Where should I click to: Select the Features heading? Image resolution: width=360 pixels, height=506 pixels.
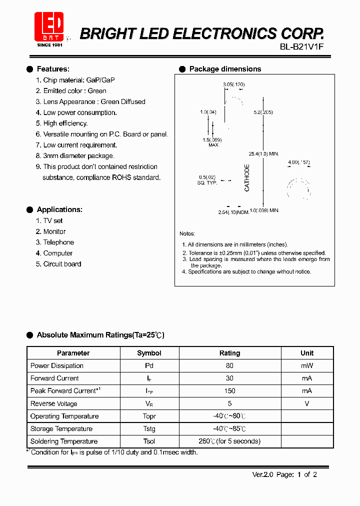click(x=53, y=69)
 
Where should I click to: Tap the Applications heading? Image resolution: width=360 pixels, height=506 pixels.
click(x=59, y=209)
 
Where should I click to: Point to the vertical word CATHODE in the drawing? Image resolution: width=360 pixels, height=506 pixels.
click(x=247, y=177)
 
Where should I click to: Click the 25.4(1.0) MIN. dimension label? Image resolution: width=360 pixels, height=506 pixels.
click(x=263, y=153)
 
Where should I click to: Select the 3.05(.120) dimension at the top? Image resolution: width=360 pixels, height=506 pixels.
click(x=233, y=85)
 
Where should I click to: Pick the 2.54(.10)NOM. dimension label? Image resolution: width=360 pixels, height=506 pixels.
click(x=233, y=212)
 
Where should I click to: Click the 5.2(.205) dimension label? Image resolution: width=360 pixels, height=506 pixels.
click(x=263, y=112)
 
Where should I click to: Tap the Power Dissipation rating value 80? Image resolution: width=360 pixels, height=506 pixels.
click(x=229, y=365)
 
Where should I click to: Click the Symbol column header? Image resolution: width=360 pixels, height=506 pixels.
click(x=149, y=353)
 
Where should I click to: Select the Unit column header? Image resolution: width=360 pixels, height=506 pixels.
click(x=307, y=353)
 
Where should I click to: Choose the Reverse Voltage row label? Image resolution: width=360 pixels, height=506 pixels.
click(x=54, y=403)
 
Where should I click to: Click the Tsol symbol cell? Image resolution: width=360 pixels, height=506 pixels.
click(x=149, y=441)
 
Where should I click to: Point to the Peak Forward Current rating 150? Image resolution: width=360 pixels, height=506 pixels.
click(x=229, y=390)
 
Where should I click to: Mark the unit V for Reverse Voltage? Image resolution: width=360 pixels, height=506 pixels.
click(x=307, y=403)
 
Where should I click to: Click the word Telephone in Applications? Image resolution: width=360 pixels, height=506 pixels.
click(x=58, y=242)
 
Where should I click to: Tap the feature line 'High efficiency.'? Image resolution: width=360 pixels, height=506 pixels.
click(x=65, y=123)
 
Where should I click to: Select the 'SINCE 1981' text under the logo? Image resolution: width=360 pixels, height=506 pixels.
click(x=50, y=45)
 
